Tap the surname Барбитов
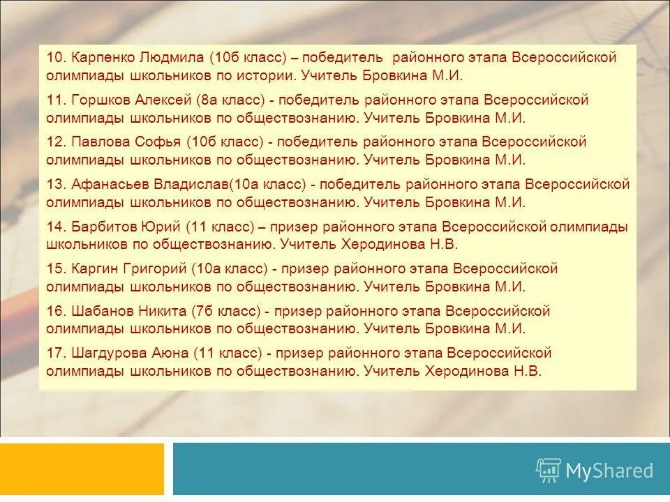tap(102, 227)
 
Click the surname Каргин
tap(96, 269)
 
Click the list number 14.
tap(55, 227)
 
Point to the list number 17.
tap(55, 353)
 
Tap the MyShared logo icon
tap(548, 470)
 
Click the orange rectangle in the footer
tap(82, 469)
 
